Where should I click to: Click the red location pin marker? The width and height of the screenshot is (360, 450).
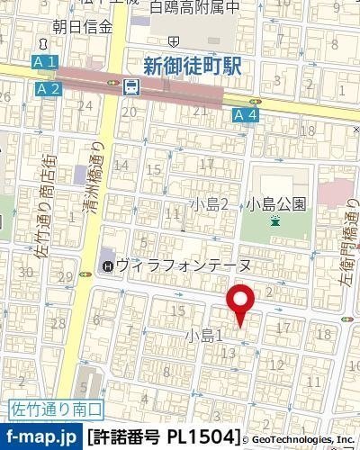(238, 302)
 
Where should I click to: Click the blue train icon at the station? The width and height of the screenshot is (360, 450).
(131, 86)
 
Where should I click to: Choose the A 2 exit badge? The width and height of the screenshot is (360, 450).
(49, 87)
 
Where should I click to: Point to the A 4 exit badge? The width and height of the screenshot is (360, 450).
(245, 114)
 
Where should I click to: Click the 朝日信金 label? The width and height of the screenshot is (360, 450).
(83, 27)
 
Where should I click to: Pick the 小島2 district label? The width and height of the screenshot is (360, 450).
(215, 204)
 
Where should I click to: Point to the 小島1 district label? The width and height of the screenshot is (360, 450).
(203, 335)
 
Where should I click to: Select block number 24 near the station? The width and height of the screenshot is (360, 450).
(86, 105)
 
